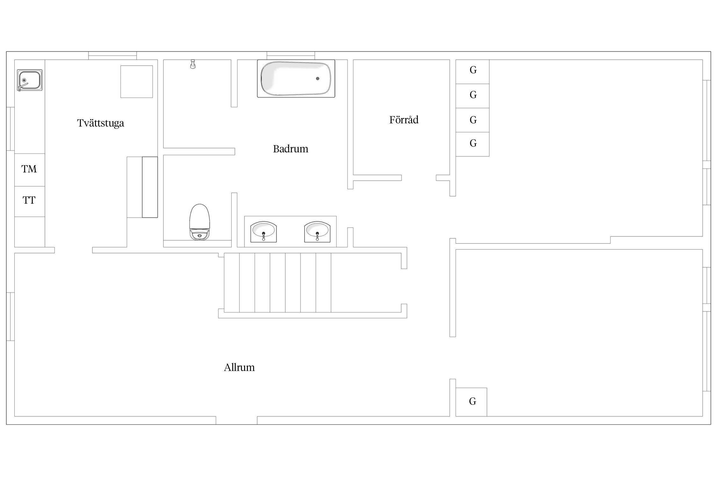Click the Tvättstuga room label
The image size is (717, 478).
coord(100,123)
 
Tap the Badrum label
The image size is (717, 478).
coord(291,149)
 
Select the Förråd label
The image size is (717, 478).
coord(404,120)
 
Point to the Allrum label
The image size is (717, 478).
coord(239,367)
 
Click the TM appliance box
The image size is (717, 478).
coord(30,170)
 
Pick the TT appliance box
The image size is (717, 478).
coord(30,201)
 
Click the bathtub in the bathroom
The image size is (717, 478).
coord(296,78)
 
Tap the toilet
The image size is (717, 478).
coord(199,222)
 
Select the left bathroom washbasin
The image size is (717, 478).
coord(264,232)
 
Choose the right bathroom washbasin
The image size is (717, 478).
coord(317,232)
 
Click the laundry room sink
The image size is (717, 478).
coord(30,80)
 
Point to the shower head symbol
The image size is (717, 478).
coord(193,64)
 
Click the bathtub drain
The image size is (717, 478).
coord(318,78)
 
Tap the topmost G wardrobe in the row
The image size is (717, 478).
coord(473,72)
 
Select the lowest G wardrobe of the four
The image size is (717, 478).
coord(473,144)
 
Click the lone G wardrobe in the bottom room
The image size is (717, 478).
coord(471,402)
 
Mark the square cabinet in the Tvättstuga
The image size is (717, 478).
coord(137,82)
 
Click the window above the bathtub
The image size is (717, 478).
coord(291,55)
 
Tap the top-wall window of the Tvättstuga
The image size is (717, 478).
coord(112,55)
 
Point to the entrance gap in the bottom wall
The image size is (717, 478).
coord(236,420)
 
